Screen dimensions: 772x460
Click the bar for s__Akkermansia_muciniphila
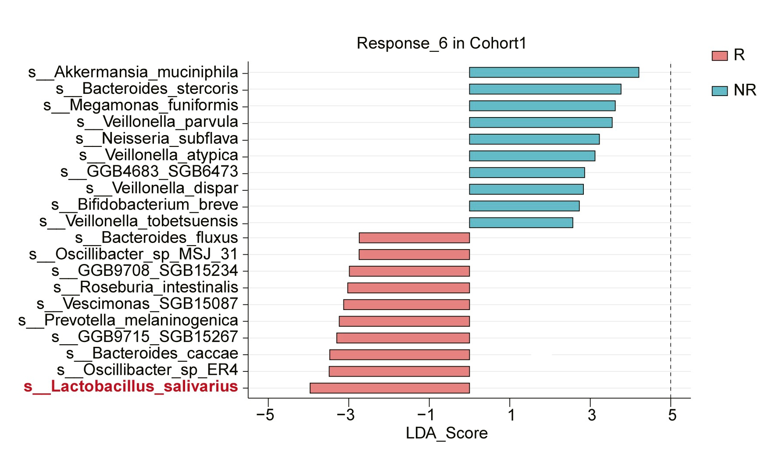tap(554, 72)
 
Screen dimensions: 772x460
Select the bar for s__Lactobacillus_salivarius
tap(390, 388)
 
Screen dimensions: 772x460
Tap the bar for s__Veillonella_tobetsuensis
tap(521, 223)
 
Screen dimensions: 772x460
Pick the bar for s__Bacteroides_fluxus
tap(414, 238)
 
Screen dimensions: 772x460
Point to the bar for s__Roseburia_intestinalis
tap(408, 288)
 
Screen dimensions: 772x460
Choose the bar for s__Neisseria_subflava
tap(534, 139)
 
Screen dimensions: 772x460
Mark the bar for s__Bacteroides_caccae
tap(400, 355)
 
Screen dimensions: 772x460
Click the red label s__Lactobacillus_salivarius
tap(131, 387)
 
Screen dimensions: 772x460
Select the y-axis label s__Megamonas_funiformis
tap(141, 106)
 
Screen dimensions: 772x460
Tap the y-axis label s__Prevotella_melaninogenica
tap(128, 321)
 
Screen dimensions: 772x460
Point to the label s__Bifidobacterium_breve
tap(145, 205)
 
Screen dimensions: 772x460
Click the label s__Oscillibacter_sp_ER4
tap(147, 370)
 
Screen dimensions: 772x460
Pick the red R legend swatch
tap(720, 56)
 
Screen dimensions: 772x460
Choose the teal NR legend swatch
tap(720, 91)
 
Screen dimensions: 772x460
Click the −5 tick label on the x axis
tap(265, 414)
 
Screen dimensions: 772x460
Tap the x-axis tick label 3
tap(592, 414)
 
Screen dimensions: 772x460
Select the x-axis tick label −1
tap(426, 414)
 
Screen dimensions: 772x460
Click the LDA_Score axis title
tap(447, 433)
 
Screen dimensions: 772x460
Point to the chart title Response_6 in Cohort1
tap(441, 43)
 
